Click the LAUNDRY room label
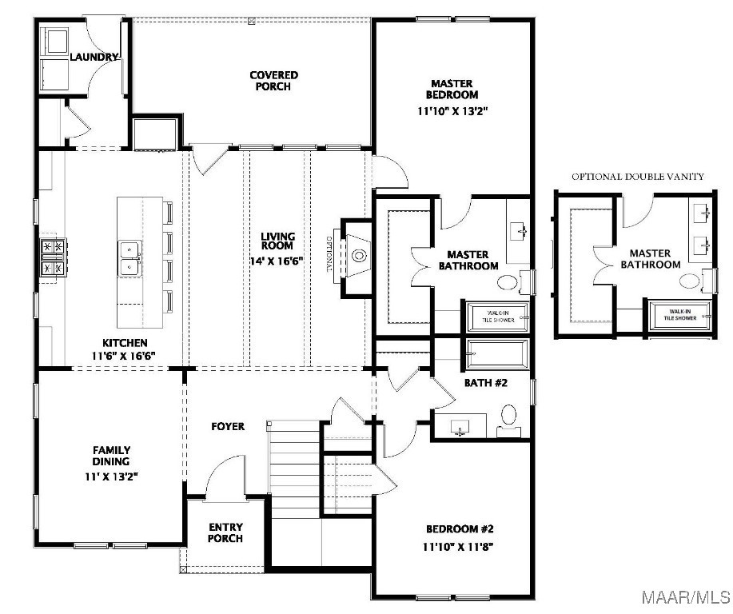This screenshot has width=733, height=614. pos(94,57)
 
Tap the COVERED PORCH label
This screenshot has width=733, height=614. pos(273,81)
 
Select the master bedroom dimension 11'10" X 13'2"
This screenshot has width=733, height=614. pos(452,111)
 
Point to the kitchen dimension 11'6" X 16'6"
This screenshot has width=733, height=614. pos(123,356)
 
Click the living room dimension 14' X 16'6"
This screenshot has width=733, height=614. pos(277,261)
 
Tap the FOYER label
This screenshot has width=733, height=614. pos(228,426)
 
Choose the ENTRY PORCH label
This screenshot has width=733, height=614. pos(225,532)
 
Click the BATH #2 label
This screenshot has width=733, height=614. pos(486,382)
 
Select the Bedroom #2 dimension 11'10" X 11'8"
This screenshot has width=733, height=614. pos(458,546)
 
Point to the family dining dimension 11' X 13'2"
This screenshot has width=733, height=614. pos(111,477)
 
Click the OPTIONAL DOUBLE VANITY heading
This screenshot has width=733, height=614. pos(638,177)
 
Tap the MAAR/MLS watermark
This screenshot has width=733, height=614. pos(685,597)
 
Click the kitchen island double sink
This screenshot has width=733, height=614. pos(129,258)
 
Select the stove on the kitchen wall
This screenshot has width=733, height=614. pos(53,257)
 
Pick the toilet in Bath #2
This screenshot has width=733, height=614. pos(508,420)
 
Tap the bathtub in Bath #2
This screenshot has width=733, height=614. pos(498,354)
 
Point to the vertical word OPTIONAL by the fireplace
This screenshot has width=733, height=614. pos(329,255)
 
